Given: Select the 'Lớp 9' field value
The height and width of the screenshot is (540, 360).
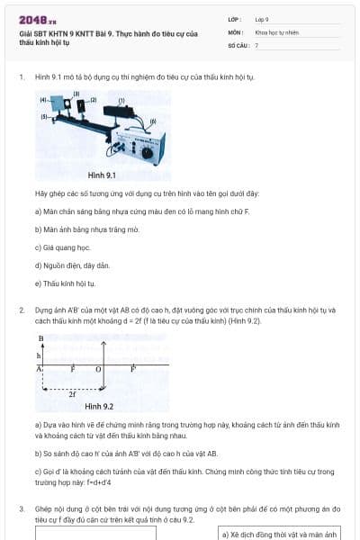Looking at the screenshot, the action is [262, 19].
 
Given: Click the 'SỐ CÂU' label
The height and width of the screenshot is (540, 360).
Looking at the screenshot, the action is [237, 44].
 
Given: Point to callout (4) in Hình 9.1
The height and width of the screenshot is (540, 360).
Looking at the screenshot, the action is [44, 101].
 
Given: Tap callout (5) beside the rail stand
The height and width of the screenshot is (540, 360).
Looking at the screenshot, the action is [43, 116].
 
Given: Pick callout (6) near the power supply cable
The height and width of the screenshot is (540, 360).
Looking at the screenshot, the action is [153, 120].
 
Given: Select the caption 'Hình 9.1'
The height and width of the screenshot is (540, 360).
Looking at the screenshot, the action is [102, 175].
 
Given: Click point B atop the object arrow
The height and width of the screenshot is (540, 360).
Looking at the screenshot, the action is [41, 338].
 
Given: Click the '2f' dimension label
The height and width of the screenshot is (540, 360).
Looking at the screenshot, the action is [72, 393].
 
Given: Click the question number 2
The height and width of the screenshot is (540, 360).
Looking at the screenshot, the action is [22, 310].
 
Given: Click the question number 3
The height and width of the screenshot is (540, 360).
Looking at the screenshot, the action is [22, 508].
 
